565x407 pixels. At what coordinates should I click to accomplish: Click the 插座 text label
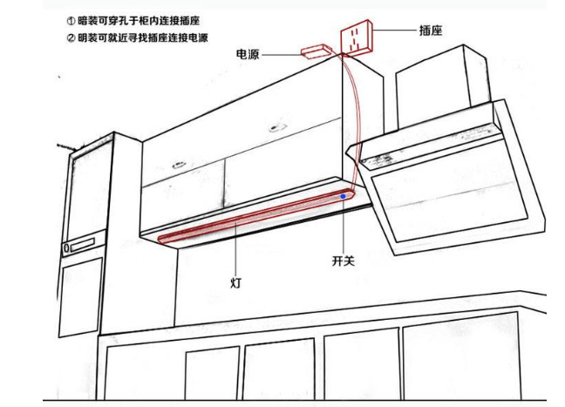pyautogui.click(x=430, y=30)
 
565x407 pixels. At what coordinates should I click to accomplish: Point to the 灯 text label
pyautogui.click(x=235, y=283)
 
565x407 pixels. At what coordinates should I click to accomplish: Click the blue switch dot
pyautogui.click(x=343, y=198)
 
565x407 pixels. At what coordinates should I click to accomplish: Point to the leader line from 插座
pyautogui.click(x=398, y=30)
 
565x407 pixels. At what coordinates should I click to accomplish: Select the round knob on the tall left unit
pyautogui.click(x=68, y=248)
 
